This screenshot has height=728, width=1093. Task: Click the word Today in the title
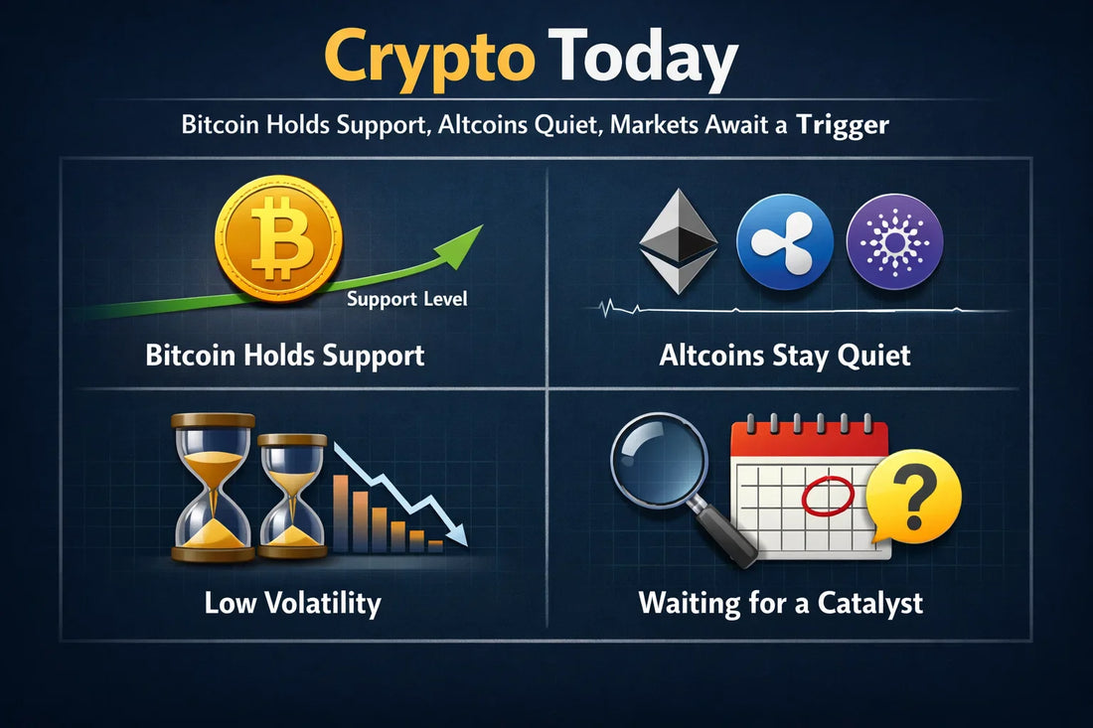click(x=645, y=58)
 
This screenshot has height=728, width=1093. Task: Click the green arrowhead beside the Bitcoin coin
click(x=464, y=241)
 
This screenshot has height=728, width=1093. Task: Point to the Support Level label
click(x=408, y=298)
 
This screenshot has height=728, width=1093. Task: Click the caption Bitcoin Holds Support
click(x=285, y=356)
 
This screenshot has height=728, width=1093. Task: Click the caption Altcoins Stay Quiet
click(x=784, y=356)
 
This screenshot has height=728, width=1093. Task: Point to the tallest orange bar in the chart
click(x=341, y=512)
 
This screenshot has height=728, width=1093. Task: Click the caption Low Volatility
click(x=292, y=603)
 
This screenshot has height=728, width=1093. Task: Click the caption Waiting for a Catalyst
click(x=781, y=603)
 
